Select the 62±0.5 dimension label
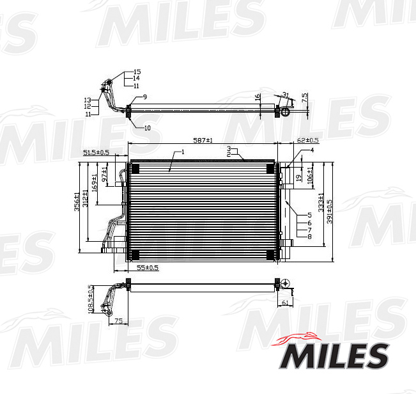308,139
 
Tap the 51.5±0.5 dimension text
96,152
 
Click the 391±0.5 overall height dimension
330,211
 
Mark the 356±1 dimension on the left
77,201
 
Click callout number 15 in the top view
137,72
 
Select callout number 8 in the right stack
309,237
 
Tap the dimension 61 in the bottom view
285,303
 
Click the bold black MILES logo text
335,356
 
